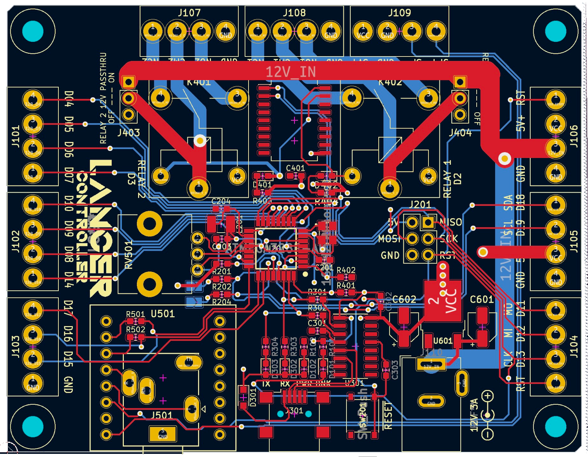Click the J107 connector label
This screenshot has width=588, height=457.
[x=189, y=13]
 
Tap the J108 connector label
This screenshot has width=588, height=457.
[x=294, y=13]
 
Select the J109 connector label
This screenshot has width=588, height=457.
[x=399, y=13]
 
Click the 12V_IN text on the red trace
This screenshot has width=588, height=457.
[x=290, y=72]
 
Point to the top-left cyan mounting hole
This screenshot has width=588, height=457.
[x=33, y=31]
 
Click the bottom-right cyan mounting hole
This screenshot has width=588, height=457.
[x=555, y=426]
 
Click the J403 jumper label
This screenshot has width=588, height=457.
[x=129, y=133]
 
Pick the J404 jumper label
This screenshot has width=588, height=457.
[x=460, y=133]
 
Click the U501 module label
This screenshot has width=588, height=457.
[x=163, y=314]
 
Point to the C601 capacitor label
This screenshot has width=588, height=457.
[x=482, y=300]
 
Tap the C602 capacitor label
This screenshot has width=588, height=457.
[x=404, y=300]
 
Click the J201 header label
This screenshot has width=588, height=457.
[x=420, y=204]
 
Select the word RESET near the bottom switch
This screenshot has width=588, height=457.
[x=388, y=415]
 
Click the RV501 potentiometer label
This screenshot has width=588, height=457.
[x=129, y=255]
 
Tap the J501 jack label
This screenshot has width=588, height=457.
[x=162, y=415]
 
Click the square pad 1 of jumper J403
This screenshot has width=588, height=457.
[x=128, y=82]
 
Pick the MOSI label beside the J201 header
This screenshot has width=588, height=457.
[x=389, y=239]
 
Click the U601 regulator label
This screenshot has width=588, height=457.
[x=443, y=340]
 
